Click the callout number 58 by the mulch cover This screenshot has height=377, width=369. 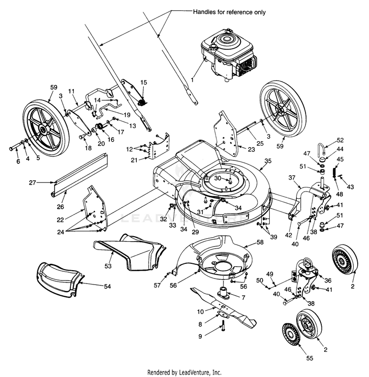coord(260,243)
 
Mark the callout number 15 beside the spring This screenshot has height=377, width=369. coord(144,82)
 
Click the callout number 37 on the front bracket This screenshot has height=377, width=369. coord(292,178)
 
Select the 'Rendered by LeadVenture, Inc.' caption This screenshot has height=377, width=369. coord(184,372)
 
